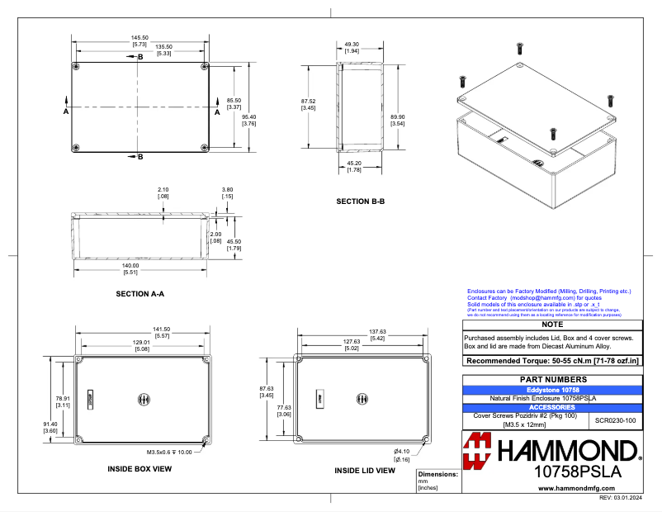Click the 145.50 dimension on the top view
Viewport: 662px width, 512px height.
(x=139, y=37)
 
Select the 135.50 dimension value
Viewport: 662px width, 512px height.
(x=163, y=47)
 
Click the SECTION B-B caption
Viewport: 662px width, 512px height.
(x=361, y=201)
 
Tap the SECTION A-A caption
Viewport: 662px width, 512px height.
(x=139, y=294)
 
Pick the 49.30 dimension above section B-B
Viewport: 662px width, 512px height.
(x=352, y=44)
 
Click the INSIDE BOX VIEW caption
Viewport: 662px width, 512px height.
(x=139, y=468)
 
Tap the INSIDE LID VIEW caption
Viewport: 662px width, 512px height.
(x=364, y=470)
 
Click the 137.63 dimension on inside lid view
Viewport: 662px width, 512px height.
(x=376, y=331)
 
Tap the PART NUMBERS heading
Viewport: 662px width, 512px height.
(x=551, y=379)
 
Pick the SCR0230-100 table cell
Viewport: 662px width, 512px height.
(x=616, y=420)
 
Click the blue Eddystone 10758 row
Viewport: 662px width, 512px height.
(x=551, y=389)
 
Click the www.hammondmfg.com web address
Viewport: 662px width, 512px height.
(x=575, y=489)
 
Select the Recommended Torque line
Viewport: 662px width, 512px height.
(x=551, y=361)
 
